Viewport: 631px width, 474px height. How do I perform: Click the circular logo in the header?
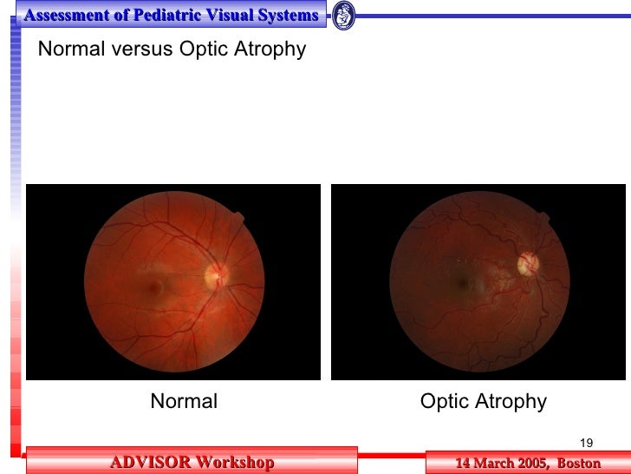pyautogui.click(x=343, y=15)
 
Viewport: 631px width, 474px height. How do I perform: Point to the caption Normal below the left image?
pyautogui.click(x=184, y=401)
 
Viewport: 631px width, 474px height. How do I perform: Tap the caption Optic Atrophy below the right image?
pyautogui.click(x=484, y=401)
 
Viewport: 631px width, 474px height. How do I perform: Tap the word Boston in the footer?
pyautogui.click(x=579, y=463)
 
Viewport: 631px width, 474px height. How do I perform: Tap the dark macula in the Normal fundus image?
pyautogui.click(x=156, y=283)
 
